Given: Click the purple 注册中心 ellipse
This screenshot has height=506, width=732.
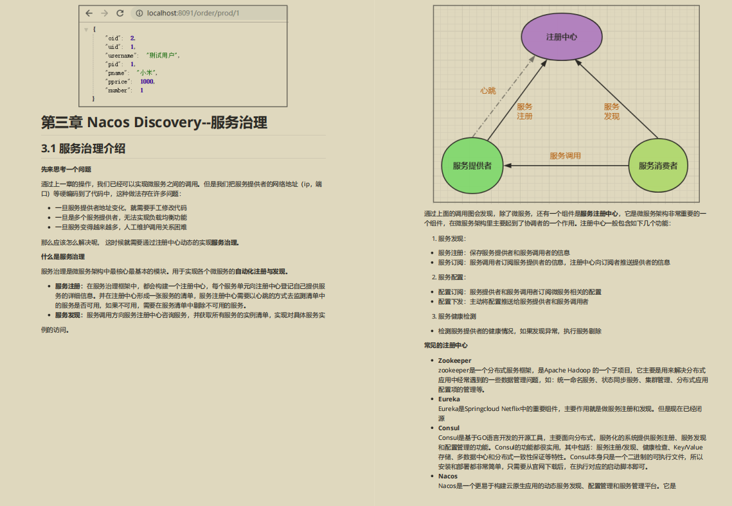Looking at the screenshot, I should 561,37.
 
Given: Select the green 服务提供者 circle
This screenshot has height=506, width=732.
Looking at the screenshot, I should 472,166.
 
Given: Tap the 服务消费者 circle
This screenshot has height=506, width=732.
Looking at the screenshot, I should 657,166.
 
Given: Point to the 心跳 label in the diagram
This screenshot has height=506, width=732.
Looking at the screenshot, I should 488,91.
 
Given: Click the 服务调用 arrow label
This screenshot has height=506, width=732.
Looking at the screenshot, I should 565,155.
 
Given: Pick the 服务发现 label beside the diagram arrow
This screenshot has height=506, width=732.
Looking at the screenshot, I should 611,112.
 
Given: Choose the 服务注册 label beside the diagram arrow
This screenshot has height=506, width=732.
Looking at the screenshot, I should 524,112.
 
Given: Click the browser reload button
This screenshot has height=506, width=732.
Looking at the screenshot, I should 120,13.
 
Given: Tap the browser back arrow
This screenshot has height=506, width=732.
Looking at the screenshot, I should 89,13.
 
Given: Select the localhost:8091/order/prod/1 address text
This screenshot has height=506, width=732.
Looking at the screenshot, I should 193,13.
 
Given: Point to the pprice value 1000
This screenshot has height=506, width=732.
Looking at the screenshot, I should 147,82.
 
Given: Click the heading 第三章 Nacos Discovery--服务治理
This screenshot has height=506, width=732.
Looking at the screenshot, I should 154,122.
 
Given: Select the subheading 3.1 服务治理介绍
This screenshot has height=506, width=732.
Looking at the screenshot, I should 83,148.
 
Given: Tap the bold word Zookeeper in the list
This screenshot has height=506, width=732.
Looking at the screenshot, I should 454,361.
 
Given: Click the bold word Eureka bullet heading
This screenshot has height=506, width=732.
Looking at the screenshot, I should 449,399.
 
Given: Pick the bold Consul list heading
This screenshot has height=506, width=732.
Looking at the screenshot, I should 449,428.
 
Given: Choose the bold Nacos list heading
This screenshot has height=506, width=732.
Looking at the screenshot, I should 448,476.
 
